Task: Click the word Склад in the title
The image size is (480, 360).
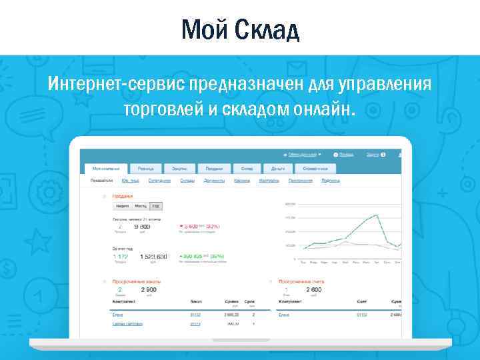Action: tap(266, 29)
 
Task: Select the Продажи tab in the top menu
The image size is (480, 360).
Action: tap(213, 169)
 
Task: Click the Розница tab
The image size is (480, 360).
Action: tap(145, 169)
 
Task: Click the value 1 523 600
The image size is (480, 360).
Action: tap(153, 257)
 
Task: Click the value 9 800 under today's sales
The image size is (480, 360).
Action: tap(142, 227)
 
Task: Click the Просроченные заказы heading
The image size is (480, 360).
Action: tap(136, 281)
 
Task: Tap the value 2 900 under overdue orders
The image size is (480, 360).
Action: tap(148, 290)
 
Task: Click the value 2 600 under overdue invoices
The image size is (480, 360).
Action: tap(313, 290)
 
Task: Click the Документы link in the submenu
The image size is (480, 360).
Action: tap(214, 181)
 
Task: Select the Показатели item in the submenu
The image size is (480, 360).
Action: tap(102, 181)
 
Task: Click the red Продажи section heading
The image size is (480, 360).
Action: tap(122, 196)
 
